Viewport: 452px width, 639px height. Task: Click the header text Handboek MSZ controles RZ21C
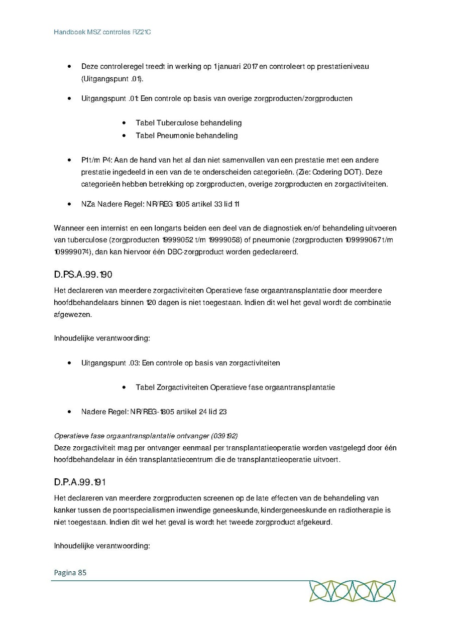coord(102,32)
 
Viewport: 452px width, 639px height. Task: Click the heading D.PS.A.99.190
coord(82,275)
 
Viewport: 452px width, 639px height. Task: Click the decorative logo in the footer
coord(352,591)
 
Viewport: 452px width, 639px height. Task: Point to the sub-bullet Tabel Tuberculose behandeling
coord(188,123)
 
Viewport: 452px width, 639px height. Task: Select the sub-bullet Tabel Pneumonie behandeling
coord(186,136)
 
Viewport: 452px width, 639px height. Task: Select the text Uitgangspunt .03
coord(108,363)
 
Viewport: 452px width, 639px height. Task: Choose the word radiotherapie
coord(366,510)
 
